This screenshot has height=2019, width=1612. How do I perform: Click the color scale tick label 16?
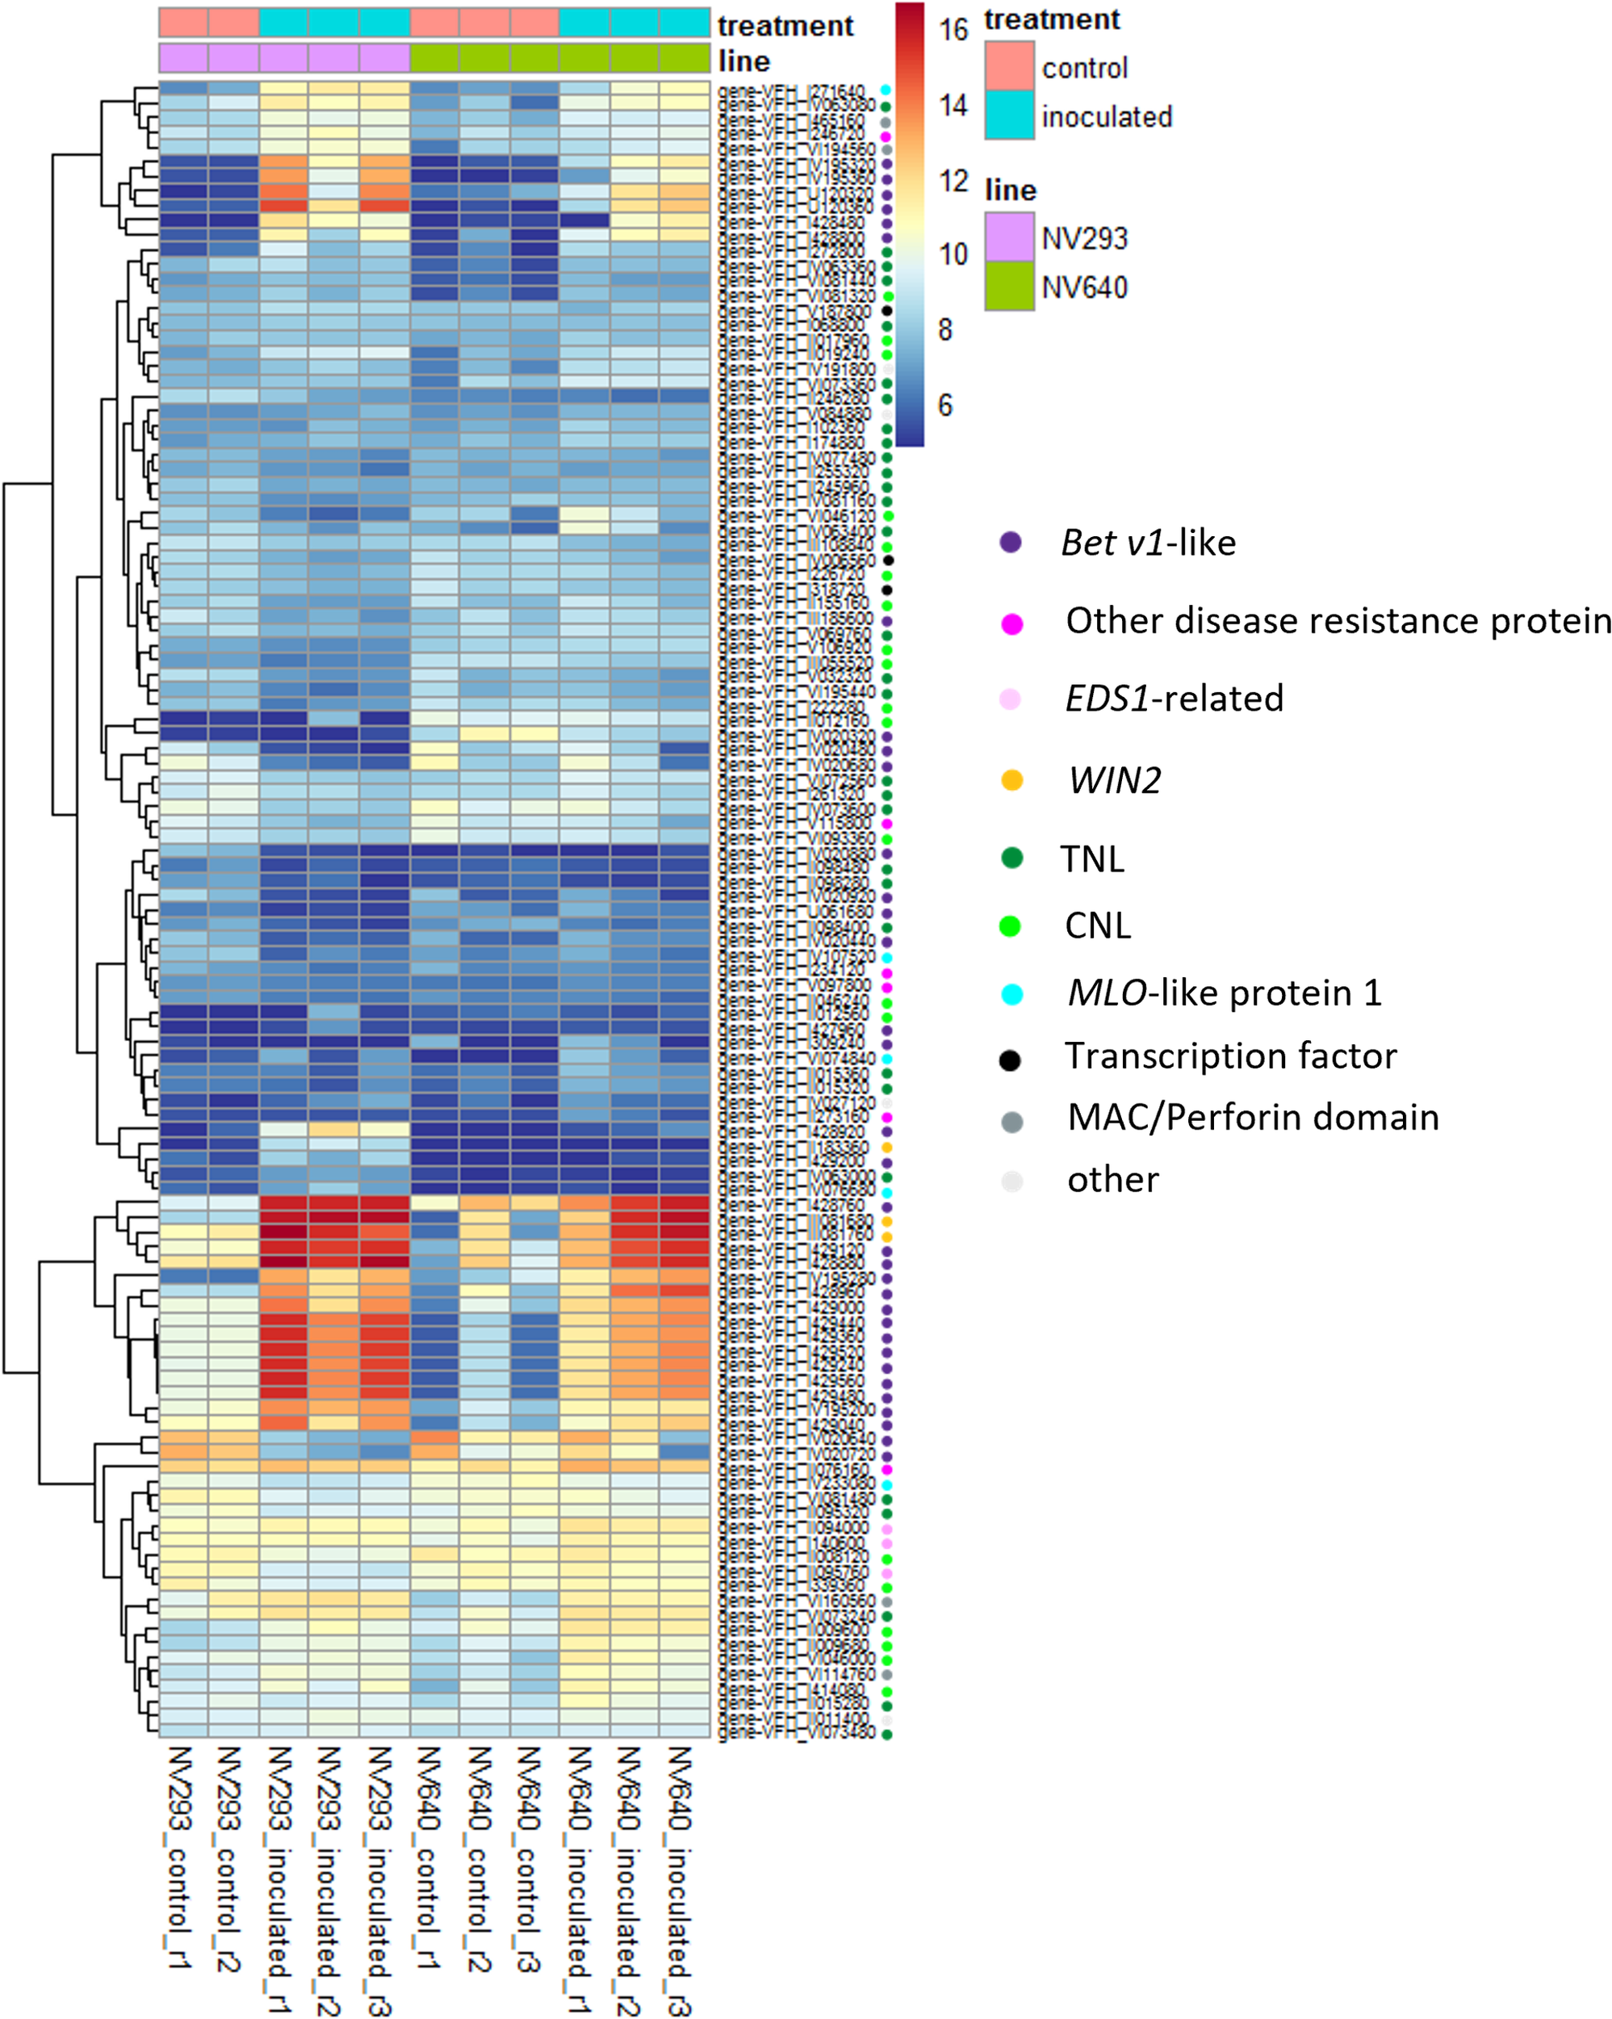pos(953,30)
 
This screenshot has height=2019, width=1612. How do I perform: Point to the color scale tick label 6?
pos(945,405)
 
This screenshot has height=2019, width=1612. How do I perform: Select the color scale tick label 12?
pos(953,180)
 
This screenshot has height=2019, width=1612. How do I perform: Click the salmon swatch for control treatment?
pos(1009,66)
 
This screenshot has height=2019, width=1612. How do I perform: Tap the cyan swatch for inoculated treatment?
pos(1009,115)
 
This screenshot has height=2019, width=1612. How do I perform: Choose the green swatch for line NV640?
pos(1009,287)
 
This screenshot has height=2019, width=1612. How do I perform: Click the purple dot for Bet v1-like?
pos(1010,542)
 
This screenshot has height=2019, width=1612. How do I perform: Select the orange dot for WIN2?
pos(1011,780)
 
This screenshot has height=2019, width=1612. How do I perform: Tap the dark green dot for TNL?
pos(1011,858)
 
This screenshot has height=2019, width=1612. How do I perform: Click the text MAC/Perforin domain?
pos(1253,1117)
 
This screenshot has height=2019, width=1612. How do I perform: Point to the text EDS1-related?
pos(1174,699)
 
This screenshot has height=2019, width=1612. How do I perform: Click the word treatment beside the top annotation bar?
pos(785,25)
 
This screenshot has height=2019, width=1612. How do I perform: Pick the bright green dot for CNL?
pos(1010,926)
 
